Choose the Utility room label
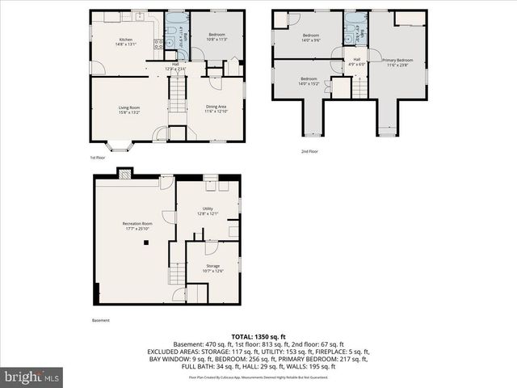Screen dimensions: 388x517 (x=208, y=211)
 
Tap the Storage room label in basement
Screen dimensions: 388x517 (x=212, y=268)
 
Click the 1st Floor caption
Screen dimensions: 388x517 (x=97, y=158)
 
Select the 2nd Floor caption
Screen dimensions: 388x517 (x=310, y=151)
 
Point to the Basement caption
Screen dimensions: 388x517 (x=101, y=321)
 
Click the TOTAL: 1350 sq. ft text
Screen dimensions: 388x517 (x=258, y=335)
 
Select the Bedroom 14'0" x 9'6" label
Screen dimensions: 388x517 (x=311, y=38)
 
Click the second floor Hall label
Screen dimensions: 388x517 (x=356, y=61)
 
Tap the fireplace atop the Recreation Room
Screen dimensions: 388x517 (x=124, y=172)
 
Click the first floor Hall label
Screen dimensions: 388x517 (x=175, y=67)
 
